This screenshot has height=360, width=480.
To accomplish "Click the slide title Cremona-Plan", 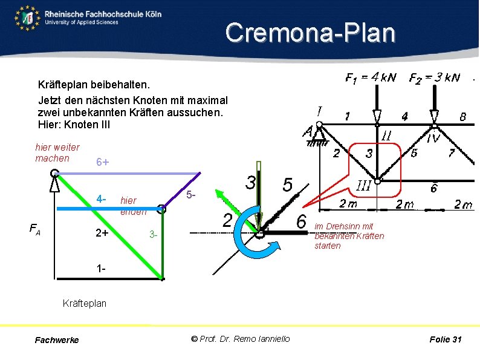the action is coord(310,33).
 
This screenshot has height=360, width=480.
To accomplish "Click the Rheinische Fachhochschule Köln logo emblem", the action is coord(27,18).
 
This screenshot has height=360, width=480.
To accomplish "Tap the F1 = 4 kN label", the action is coord(370,77).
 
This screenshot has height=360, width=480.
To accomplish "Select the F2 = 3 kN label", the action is coord(434,77).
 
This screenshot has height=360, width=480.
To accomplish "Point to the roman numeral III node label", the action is coord(363,185).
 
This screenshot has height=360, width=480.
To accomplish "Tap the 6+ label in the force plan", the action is coord(103,163).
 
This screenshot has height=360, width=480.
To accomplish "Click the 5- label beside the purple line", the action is coord(190,195).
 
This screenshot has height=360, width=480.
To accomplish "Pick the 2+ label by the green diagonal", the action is coord(102,233).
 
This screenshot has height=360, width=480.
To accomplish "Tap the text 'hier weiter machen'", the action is coord(57,152).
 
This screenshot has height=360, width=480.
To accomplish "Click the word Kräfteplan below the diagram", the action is coord(85,303).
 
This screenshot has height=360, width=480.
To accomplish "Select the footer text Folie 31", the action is coord(445,339).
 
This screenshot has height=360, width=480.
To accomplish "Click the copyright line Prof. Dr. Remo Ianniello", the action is coord(240,339).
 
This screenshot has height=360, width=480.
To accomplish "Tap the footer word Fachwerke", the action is coord(57,340).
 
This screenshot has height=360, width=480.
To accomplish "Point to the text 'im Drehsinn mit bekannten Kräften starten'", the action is coord(349,236).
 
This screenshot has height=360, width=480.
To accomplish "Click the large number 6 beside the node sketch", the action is coord(301,221).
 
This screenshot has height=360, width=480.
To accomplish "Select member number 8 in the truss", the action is coord(462,117).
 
